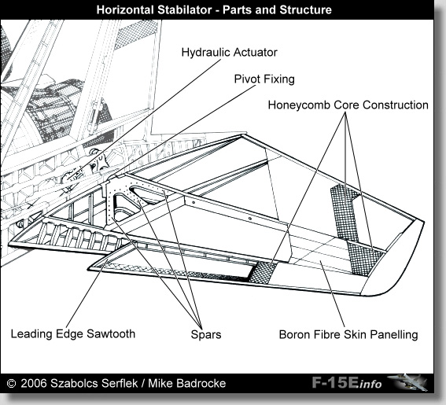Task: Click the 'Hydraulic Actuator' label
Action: pos(229,53)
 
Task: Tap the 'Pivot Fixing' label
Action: pos(264,79)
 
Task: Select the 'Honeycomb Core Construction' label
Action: pos(348,105)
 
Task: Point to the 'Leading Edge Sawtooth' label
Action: pos(73,334)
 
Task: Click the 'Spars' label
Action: pos(206,334)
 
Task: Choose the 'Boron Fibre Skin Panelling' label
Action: pos(348,334)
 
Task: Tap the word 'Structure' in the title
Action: pos(305,10)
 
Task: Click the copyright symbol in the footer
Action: pos(11,384)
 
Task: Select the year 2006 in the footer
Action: pos(34,384)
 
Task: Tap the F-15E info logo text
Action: pos(347,383)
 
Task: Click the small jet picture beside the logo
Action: pos(407,382)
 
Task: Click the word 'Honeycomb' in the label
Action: pos(300,105)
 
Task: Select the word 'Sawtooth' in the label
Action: pos(111,334)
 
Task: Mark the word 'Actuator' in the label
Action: pos(256,53)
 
